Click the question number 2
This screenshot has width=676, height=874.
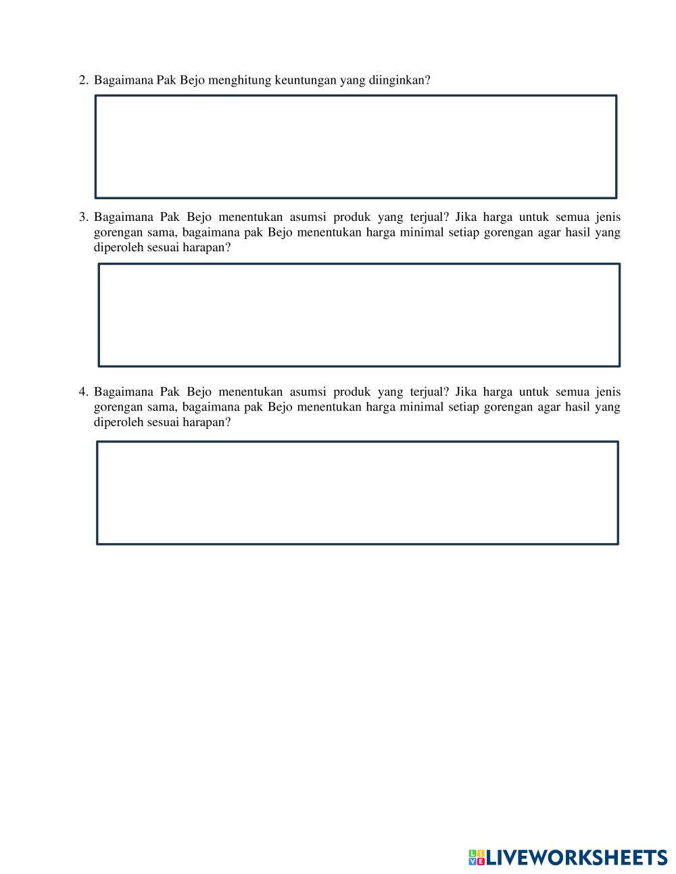pyautogui.click(x=82, y=80)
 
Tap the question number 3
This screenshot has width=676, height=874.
pyautogui.click(x=82, y=217)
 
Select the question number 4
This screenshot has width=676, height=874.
pyautogui.click(x=82, y=392)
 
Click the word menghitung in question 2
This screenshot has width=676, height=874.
pyautogui.click(x=239, y=80)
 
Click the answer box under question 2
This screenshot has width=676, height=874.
pyautogui.click(x=356, y=147)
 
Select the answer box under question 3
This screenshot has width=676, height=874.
pyautogui.click(x=359, y=315)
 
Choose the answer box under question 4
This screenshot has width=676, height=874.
pyautogui.click(x=358, y=492)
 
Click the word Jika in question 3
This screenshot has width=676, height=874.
pyautogui.click(x=466, y=217)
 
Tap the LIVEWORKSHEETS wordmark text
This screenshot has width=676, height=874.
pyautogui.click(x=577, y=858)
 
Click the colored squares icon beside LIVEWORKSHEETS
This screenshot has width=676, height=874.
pyautogui.click(x=477, y=858)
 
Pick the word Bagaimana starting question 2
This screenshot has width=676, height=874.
pyautogui.click(x=124, y=80)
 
